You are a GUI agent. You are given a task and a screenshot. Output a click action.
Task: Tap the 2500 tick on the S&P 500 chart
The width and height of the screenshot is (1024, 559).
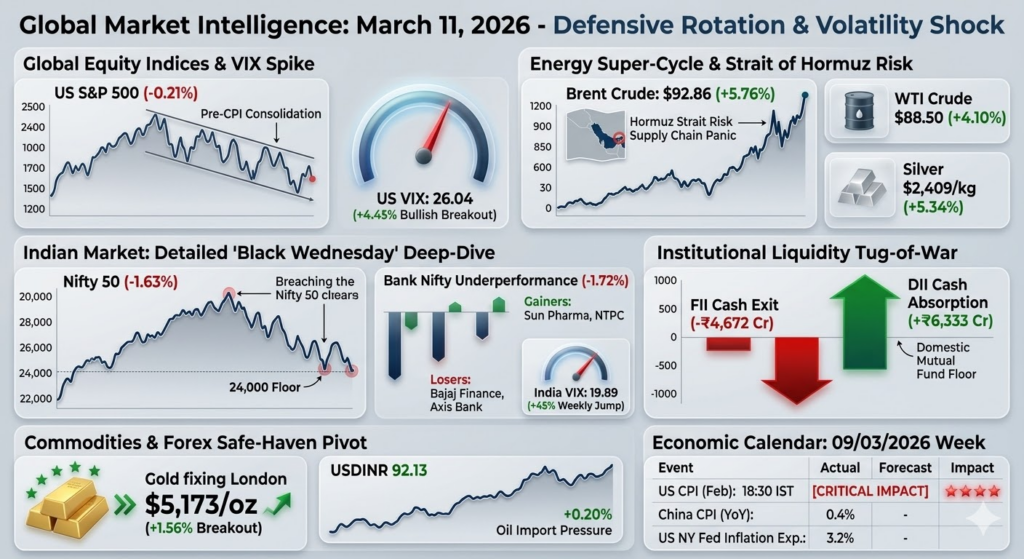click(x=33, y=107)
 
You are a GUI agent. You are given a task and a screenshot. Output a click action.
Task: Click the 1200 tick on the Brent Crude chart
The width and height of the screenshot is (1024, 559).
click(x=541, y=105)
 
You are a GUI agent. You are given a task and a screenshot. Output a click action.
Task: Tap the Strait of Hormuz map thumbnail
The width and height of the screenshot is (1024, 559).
click(x=598, y=135)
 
